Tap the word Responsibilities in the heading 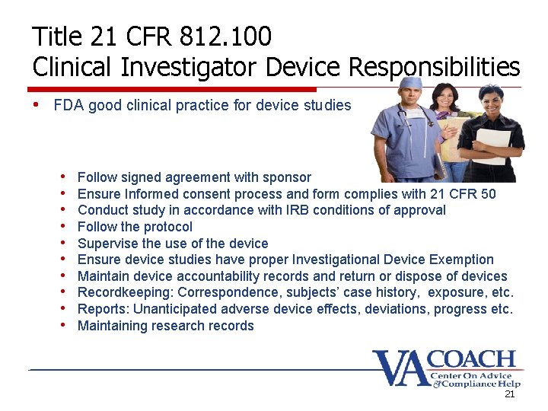click(x=434, y=68)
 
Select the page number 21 click(x=510, y=395)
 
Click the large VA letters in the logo click(x=399, y=368)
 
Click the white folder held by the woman click(x=492, y=145)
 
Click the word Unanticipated click(x=174, y=309)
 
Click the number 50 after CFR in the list click(x=488, y=194)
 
